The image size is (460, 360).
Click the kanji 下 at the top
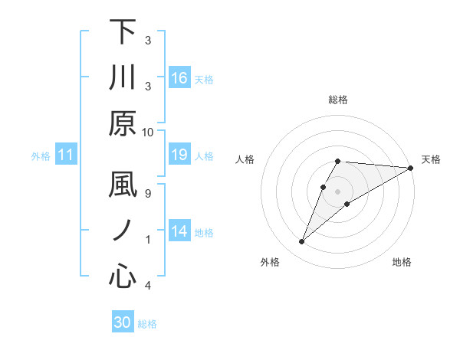(x=123, y=32)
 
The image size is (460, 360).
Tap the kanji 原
(x=123, y=123)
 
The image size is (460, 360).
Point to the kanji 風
(x=123, y=186)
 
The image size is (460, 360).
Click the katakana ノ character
(x=123, y=231)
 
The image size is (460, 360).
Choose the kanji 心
(x=123, y=277)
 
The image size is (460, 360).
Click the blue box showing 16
(x=179, y=78)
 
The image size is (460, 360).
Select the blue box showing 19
(x=179, y=155)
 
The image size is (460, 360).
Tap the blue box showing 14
(x=179, y=231)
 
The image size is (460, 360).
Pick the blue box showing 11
(x=66, y=155)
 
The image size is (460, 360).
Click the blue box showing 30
(x=123, y=322)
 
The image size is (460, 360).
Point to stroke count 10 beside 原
(x=148, y=132)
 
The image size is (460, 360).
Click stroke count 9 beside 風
(x=148, y=193)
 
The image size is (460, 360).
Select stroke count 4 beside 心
(x=148, y=286)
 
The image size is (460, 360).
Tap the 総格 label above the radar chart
(x=338, y=100)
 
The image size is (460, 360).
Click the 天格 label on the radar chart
(x=432, y=159)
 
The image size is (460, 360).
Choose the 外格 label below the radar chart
(x=270, y=262)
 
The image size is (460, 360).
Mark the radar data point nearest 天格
(x=411, y=169)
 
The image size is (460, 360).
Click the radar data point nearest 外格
(x=302, y=242)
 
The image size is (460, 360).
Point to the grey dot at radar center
(x=338, y=191)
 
